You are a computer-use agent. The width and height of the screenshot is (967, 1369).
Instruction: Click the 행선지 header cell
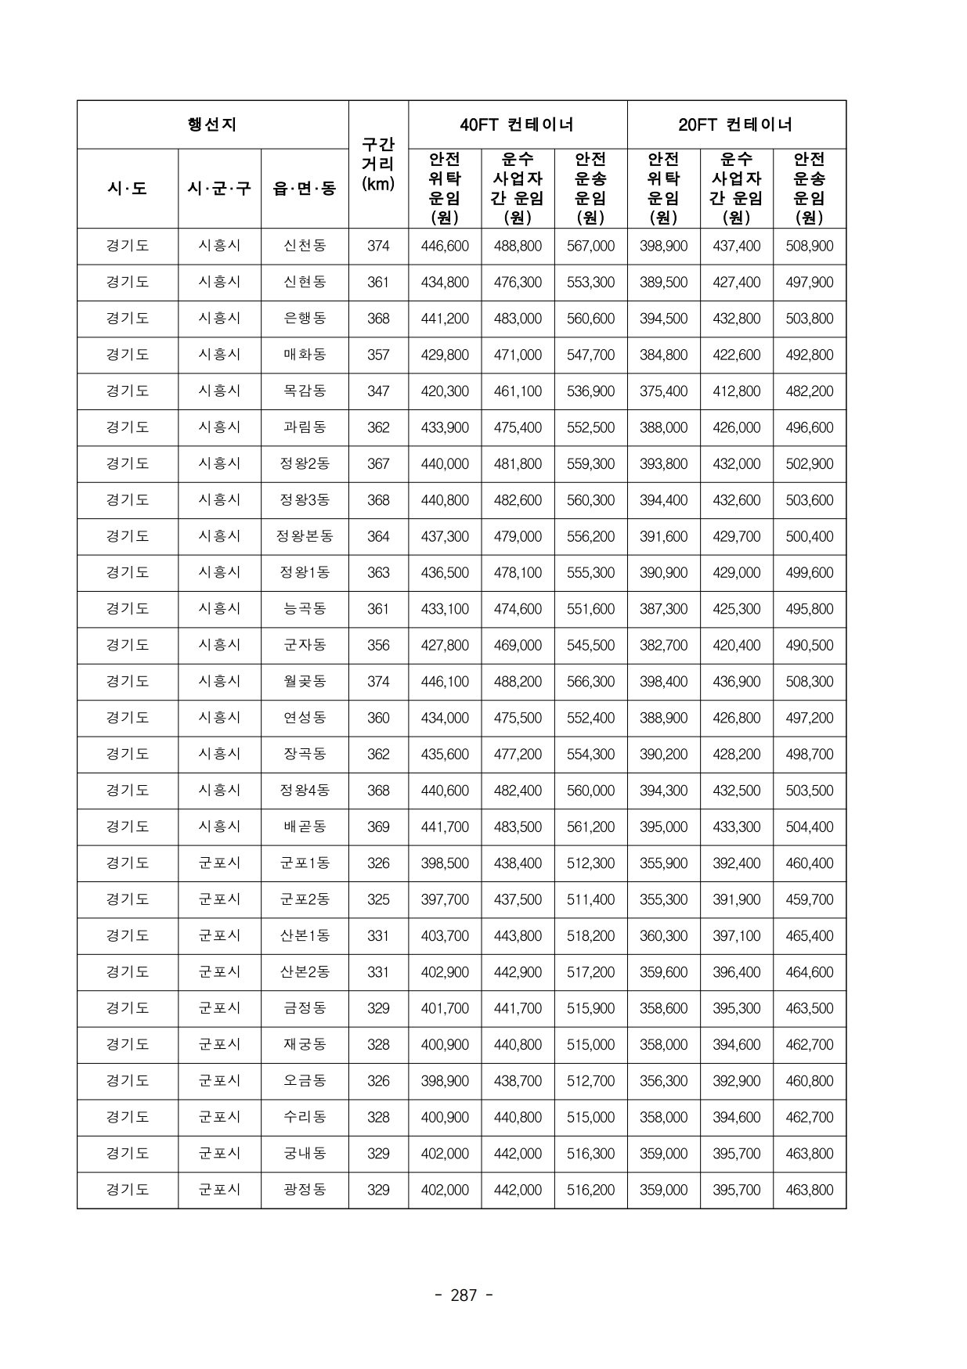pos(212,124)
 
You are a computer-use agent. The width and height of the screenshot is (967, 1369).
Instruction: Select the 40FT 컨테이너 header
pos(517,124)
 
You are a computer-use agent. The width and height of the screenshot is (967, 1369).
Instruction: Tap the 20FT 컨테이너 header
pos(735,124)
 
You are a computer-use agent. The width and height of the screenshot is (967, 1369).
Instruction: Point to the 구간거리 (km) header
pos(378,164)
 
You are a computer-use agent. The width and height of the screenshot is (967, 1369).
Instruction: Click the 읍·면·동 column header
pos(304,189)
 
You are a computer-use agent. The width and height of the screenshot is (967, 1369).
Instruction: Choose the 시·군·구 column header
pos(219,189)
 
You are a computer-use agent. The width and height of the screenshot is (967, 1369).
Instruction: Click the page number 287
pos(464,1295)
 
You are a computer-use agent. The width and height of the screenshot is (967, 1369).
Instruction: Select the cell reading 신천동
pos(305,246)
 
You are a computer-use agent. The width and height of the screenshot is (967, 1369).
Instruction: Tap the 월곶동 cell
pos(305,682)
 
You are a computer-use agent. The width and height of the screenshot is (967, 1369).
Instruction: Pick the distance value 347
pos(378,391)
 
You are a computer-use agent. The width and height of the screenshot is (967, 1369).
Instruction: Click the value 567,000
pos(590,246)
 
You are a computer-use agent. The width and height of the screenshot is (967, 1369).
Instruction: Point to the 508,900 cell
pos(809,246)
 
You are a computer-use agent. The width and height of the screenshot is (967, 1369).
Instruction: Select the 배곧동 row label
pos(305,827)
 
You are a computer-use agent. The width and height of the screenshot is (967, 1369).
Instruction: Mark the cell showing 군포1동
pos(305,863)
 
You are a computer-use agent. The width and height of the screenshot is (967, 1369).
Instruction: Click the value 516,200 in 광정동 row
pos(590,1190)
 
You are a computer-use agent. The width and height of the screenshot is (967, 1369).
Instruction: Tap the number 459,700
pos(809,899)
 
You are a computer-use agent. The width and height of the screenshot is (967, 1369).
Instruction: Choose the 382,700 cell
pos(663,645)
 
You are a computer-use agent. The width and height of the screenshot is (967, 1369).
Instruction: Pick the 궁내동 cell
pos(305,1154)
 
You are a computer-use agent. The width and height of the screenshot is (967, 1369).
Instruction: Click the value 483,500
pos(518,827)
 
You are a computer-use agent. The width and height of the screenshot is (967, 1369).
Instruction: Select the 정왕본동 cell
pos(305,536)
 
